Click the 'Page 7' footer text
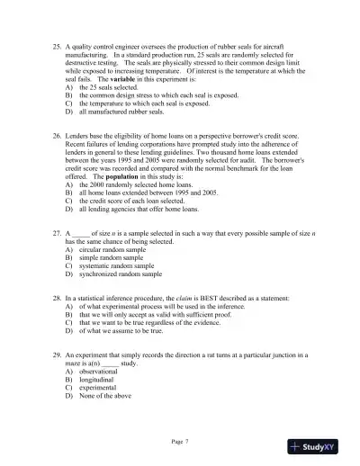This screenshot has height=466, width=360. [180, 443]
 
